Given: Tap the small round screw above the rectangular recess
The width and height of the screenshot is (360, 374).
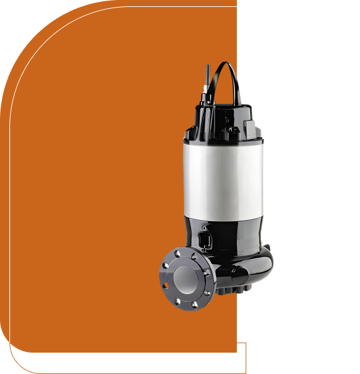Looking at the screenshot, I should click(x=204, y=227).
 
